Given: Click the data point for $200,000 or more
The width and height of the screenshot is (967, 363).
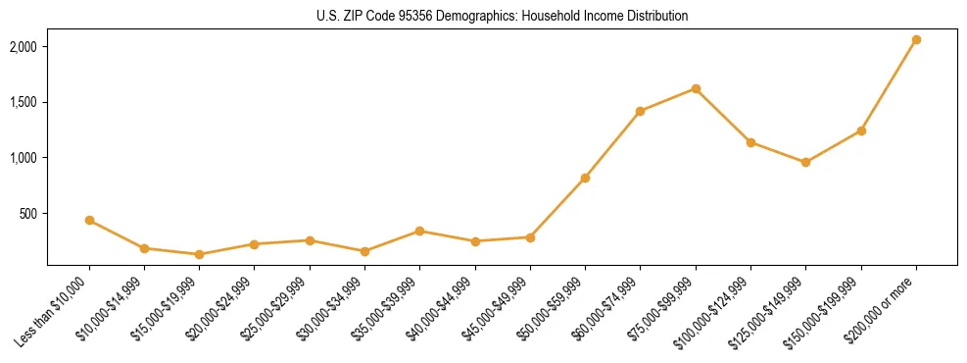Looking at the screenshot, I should point(916,40).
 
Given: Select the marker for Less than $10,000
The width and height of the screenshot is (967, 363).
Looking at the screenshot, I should point(89,221).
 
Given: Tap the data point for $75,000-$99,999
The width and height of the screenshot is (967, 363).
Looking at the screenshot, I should point(696,88).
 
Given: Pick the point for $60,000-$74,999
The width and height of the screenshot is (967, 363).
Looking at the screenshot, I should point(641,111).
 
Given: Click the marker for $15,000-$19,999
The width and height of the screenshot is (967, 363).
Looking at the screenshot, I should point(199,254).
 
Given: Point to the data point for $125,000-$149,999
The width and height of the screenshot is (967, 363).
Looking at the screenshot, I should point(805,162).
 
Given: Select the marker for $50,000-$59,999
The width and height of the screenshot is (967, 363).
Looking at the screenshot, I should point(585,178).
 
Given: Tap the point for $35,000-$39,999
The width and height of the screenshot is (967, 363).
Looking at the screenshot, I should point(419,231).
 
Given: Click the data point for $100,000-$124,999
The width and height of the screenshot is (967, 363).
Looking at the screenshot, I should point(750,142).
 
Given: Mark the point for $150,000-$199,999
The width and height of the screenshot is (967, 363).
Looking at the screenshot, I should point(861,130).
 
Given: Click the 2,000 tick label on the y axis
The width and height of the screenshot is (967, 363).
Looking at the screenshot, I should point(24,47).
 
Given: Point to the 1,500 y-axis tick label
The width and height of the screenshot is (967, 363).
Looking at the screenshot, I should point(24,102).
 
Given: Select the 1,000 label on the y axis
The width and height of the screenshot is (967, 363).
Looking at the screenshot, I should point(24,158).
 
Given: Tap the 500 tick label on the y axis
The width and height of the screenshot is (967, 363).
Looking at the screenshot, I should point(28,214).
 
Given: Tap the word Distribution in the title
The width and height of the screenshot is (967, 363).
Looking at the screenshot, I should point(657,16).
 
